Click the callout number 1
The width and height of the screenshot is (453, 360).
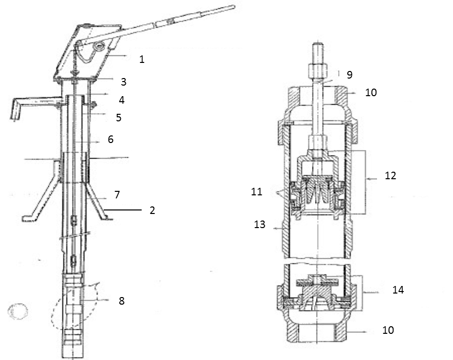pyautogui.click(x=142, y=59)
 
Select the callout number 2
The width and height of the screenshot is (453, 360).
pyautogui.click(x=152, y=210)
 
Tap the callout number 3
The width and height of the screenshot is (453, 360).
pyautogui.click(x=123, y=82)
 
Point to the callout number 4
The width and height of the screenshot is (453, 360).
pyautogui.click(x=121, y=100)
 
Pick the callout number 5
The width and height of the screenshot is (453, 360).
pyautogui.click(x=118, y=117)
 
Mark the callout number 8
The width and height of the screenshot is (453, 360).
pyautogui.click(x=121, y=301)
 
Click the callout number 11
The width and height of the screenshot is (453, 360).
pyautogui.click(x=257, y=191)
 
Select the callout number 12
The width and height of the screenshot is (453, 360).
pyautogui.click(x=391, y=176)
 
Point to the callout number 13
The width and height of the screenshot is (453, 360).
pyautogui.click(x=260, y=225)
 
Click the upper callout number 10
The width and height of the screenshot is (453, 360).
pyautogui.click(x=385, y=93)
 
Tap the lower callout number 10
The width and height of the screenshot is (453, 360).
pyautogui.click(x=388, y=330)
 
